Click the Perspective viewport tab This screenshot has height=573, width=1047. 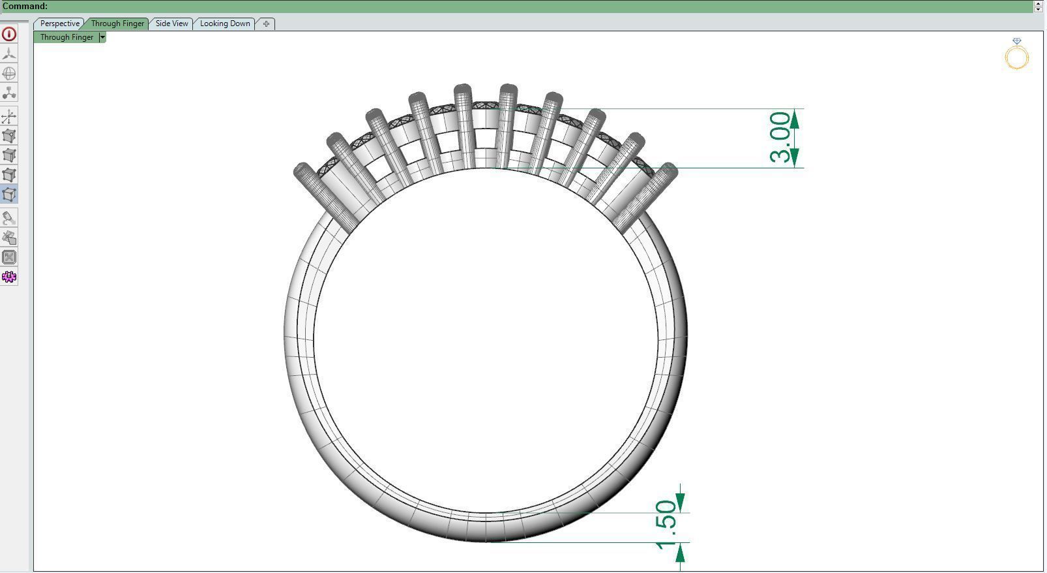pyautogui.click(x=59, y=23)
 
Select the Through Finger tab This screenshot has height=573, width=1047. pyautogui.click(x=117, y=23)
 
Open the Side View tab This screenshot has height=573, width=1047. pyautogui.click(x=171, y=23)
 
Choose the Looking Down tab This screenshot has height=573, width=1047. pyautogui.click(x=225, y=23)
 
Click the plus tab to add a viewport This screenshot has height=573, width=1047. pyautogui.click(x=266, y=23)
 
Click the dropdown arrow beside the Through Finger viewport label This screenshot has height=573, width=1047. pyautogui.click(x=102, y=37)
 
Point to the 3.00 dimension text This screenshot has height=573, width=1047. pyautogui.click(x=780, y=137)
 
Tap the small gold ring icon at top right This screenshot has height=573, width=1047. pyautogui.click(x=1016, y=56)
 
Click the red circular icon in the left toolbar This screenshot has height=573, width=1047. pyautogui.click(x=9, y=34)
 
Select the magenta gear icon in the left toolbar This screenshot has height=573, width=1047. pyautogui.click(x=9, y=277)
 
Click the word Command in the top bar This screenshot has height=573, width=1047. pyautogui.click(x=25, y=6)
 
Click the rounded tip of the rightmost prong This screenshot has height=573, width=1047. pyautogui.click(x=669, y=171)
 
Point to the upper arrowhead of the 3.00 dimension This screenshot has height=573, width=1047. pyautogui.click(x=795, y=119)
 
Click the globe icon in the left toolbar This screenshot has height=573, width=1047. pyautogui.click(x=9, y=73)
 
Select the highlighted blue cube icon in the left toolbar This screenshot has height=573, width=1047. pyautogui.click(x=9, y=194)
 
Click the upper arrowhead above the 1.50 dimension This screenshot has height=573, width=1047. pyautogui.click(x=680, y=502)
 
